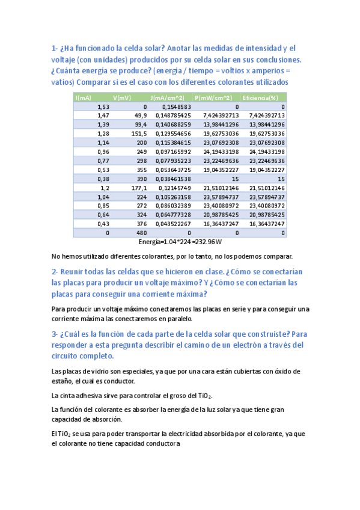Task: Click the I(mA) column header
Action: (84, 97)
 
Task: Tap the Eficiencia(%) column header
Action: (260, 97)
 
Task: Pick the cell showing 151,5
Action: (138, 133)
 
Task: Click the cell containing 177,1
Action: (138, 188)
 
